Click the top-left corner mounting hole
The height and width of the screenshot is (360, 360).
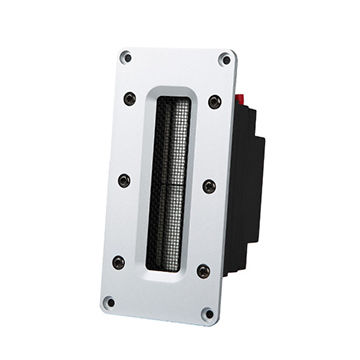click(125, 57)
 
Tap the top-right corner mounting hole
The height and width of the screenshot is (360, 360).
click(224, 59)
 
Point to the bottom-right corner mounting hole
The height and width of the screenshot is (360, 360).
click(208, 315)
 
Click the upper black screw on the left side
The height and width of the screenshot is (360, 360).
click(129, 98)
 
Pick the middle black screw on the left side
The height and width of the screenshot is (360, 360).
click(124, 180)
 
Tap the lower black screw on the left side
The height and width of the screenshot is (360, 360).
click(118, 262)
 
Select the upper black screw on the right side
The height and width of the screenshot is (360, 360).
click(214, 102)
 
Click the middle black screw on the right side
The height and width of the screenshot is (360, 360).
click(208, 186)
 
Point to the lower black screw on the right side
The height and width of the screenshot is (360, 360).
click(203, 271)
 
